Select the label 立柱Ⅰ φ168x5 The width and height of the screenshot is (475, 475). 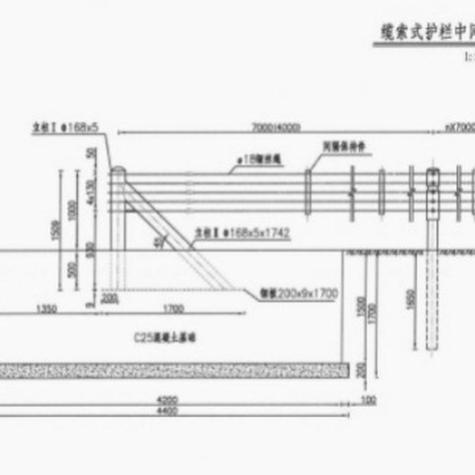(x=65, y=127)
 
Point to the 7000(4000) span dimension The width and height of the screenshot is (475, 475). (x=276, y=128)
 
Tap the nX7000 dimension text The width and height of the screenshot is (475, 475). (x=460, y=128)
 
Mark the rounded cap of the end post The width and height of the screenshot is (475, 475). (x=118, y=170)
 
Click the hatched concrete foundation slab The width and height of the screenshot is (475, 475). (x=172, y=370)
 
